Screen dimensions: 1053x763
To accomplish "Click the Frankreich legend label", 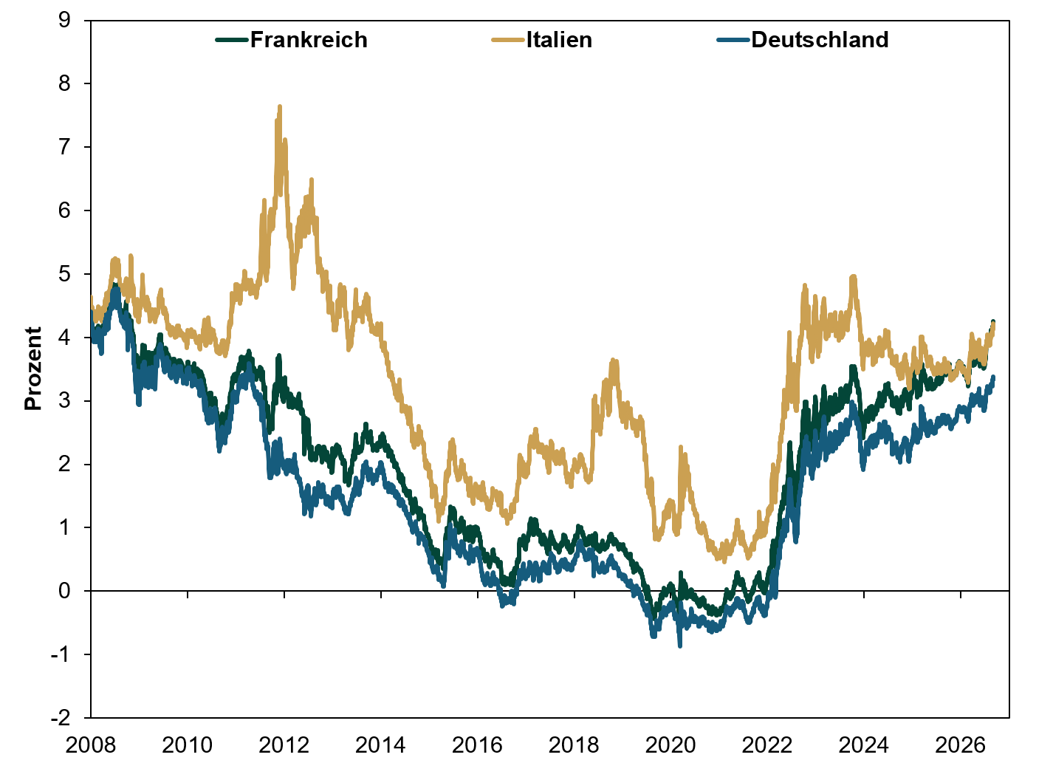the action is pos(309,40).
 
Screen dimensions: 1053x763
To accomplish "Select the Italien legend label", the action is pos(559,40).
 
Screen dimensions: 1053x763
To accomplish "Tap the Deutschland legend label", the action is pos(820,40).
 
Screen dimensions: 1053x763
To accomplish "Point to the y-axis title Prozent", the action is pos(33,369).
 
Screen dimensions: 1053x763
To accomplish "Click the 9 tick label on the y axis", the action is pos(65,20).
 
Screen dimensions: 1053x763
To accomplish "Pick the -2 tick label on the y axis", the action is pos(61,718).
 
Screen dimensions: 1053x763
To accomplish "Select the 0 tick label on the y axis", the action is pos(65,591).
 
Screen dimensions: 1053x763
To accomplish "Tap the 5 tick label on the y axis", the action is pos(65,273).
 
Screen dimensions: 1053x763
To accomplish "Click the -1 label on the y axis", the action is pos(61,654).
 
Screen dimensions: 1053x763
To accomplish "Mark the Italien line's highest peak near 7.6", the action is pos(280,106).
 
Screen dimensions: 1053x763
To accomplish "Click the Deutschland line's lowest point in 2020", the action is pos(680,646).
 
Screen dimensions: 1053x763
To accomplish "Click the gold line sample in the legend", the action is pos(508,41).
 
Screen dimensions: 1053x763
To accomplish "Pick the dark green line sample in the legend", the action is pos(232,41).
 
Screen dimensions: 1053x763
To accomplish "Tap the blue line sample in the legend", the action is pos(733,41).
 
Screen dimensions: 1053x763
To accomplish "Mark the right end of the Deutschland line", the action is pos(993,377).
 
